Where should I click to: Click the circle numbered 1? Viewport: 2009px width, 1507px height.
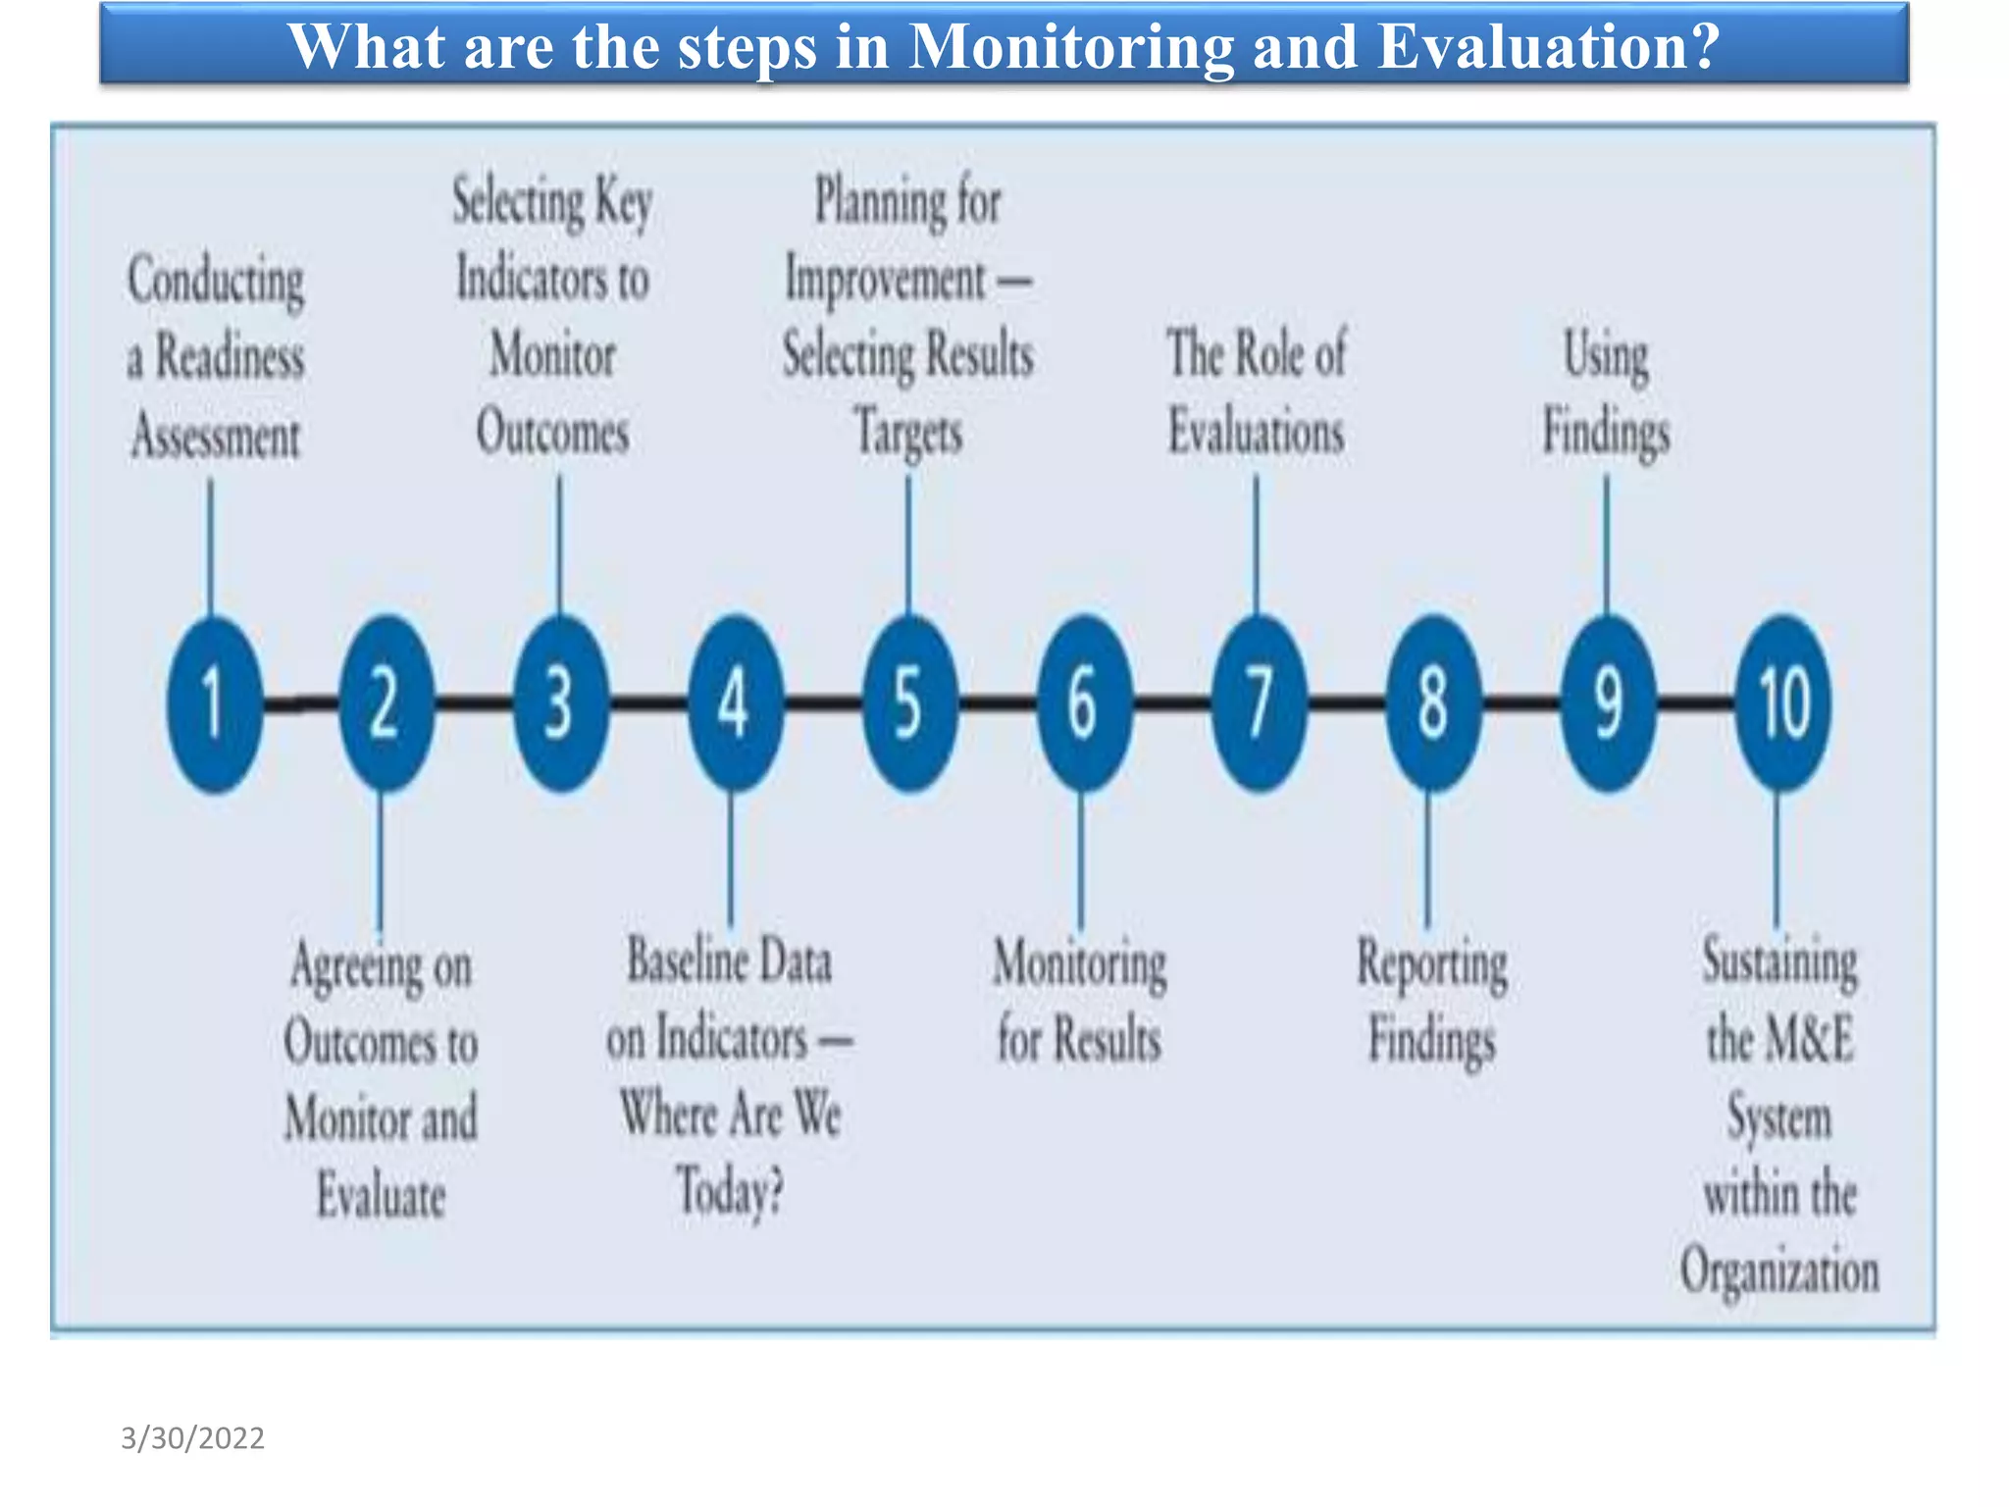(215, 703)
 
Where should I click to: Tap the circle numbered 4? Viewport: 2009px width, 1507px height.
(735, 703)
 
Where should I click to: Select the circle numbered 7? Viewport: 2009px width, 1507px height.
(1259, 703)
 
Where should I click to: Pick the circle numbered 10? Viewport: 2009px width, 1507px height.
(1782, 703)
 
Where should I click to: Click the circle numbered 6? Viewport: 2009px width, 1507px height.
(1084, 703)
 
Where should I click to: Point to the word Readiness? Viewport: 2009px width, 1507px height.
(231, 356)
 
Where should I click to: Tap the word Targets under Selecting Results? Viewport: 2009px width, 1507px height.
(908, 433)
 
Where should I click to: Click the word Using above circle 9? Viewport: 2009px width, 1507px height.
(1606, 354)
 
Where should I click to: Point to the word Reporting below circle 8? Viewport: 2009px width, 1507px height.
(1432, 965)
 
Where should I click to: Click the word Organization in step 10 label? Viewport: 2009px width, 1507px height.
(1779, 1272)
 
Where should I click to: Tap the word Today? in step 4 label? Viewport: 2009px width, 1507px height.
(730, 1192)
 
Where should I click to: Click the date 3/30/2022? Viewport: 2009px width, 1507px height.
(192, 1437)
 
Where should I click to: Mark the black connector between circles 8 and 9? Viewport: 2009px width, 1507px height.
(1520, 702)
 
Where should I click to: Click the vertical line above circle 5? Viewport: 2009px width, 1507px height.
(908, 545)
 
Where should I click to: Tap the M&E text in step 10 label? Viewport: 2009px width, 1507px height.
(1810, 1040)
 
